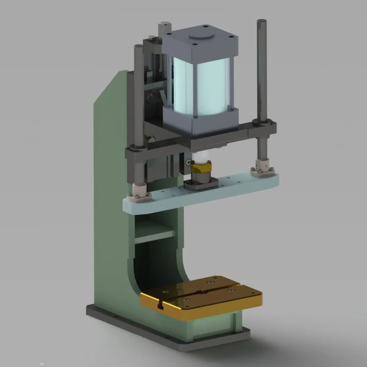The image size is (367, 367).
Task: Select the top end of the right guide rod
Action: [x=261, y=22]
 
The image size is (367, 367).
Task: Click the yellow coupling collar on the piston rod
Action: [x=201, y=167]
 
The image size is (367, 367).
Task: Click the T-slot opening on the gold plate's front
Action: [x=161, y=305]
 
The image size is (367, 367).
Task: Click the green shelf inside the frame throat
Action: [x=155, y=234]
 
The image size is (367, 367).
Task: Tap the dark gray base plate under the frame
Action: [x=170, y=336]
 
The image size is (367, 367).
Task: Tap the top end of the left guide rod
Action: [x=139, y=47]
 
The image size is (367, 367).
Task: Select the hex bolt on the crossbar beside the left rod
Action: [x=151, y=139]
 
